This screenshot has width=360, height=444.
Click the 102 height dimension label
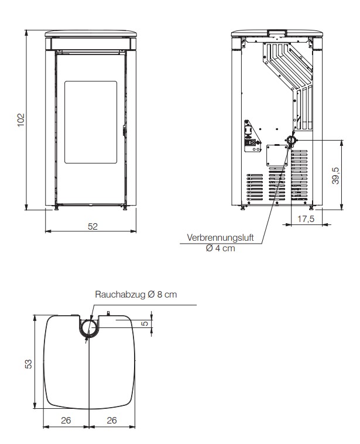coord(21,120)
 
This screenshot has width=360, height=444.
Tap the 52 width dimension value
coord(92,226)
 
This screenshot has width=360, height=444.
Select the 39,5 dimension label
coord(335,176)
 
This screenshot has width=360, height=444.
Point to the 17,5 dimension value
coord(306,219)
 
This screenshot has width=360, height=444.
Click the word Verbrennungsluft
coord(220,237)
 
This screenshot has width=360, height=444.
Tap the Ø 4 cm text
coord(221,248)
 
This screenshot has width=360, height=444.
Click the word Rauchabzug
coord(121,295)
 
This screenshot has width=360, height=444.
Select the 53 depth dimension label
coord(29,364)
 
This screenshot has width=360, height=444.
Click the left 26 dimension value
coord(66,420)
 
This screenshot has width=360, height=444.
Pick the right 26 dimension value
coord(112,420)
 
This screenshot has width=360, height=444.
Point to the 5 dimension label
coord(145,323)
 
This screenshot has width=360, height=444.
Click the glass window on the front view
coord(91,122)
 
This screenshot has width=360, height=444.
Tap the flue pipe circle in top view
coord(89,327)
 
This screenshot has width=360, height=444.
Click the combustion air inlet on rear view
coord(291,140)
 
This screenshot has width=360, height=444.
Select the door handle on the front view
coord(124,132)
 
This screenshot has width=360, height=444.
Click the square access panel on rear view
coord(277,155)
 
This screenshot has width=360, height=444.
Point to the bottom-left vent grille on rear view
coord(255,187)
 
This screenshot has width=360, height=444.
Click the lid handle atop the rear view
coord(277,33)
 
